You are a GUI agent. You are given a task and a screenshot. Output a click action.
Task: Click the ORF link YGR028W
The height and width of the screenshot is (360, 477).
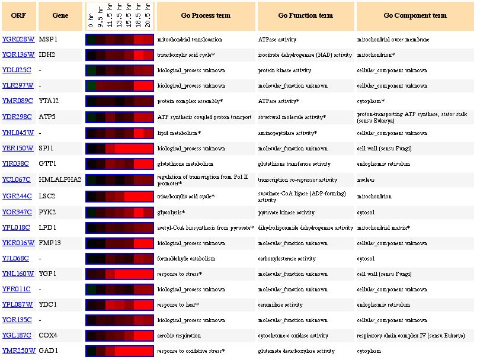18,40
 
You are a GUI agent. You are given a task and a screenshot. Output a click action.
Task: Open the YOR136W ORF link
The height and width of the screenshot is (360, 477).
18,55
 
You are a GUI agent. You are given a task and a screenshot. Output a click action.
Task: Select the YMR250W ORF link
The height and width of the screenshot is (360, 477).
18,351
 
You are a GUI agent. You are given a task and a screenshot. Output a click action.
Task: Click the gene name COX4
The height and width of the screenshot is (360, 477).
48,336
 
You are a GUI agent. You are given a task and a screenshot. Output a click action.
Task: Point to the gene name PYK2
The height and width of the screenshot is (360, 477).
47,211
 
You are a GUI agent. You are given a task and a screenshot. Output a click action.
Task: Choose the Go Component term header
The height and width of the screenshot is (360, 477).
415,15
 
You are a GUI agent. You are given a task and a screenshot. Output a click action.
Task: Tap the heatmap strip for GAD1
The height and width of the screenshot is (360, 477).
120,351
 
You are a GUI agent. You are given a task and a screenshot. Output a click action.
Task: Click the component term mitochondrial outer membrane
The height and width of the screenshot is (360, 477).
393,40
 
